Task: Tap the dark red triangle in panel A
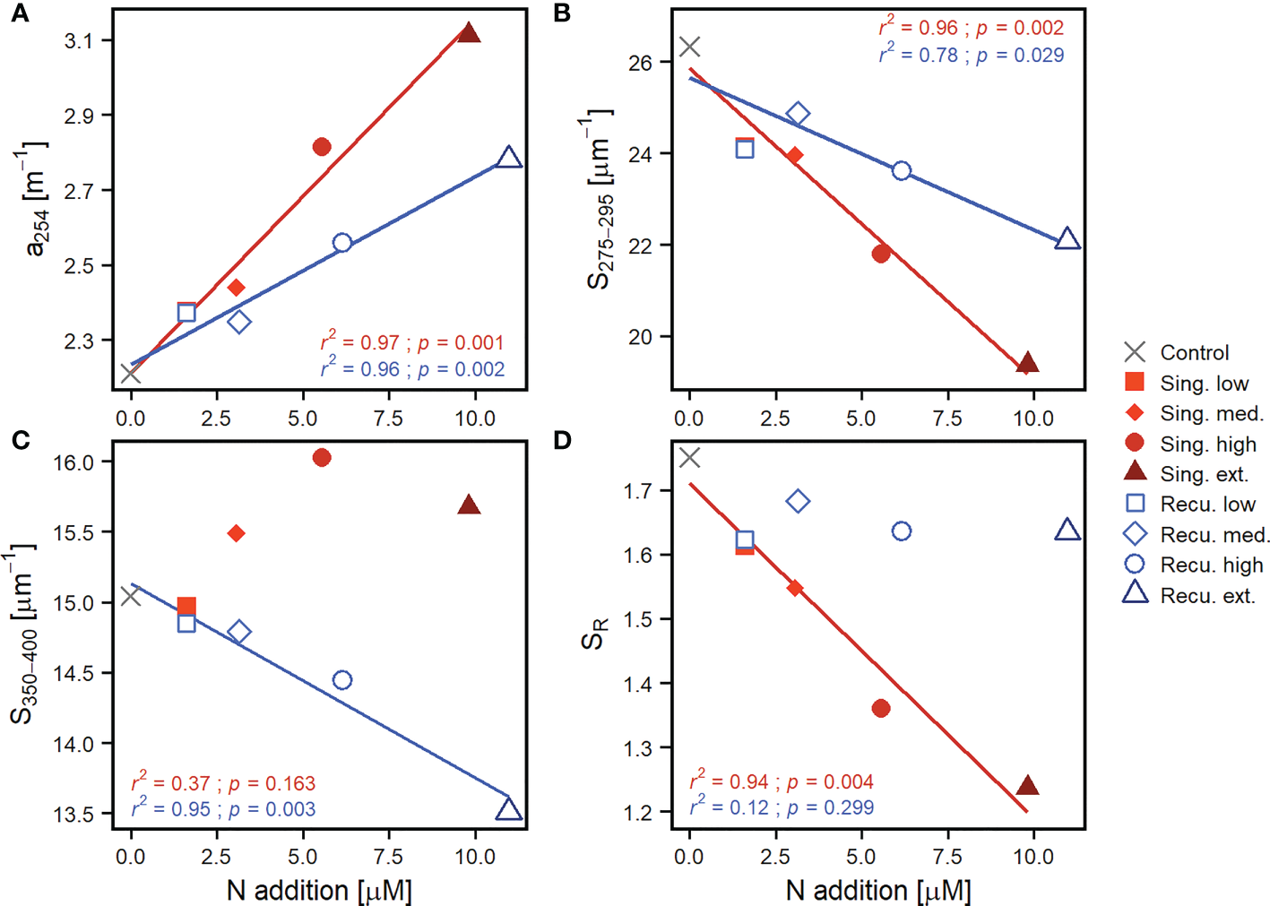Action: click(469, 34)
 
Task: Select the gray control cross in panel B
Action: click(689, 47)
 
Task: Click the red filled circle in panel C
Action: click(322, 458)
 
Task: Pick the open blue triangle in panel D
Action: click(1067, 531)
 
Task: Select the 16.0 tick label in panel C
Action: click(73, 462)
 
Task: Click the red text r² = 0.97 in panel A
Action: click(360, 342)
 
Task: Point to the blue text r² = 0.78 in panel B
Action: click(919, 55)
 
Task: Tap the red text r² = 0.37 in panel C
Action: click(170, 783)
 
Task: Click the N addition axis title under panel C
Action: click(319, 890)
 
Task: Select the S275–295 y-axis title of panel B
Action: click(599, 199)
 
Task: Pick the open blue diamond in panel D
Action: click(798, 501)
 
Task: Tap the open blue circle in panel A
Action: click(341, 243)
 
